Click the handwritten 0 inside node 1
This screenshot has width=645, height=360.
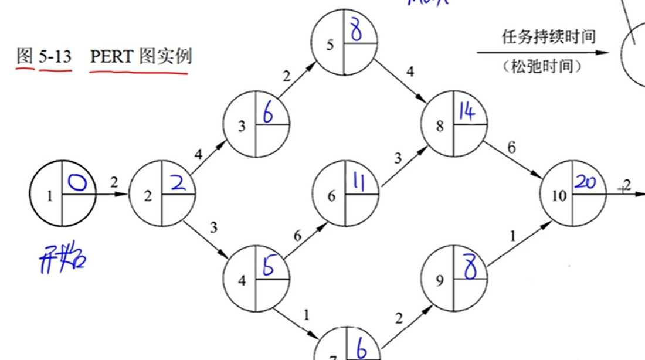tap(78, 184)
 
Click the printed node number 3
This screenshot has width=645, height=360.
tap(242, 126)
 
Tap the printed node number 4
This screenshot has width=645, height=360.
tap(242, 281)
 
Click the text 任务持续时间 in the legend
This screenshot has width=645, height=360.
tap(548, 37)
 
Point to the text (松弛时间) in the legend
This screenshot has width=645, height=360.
tap(542, 67)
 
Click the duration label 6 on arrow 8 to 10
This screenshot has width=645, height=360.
tap(511, 147)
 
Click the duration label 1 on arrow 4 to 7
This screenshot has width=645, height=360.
tap(305, 315)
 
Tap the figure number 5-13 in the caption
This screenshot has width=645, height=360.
tap(55, 56)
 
